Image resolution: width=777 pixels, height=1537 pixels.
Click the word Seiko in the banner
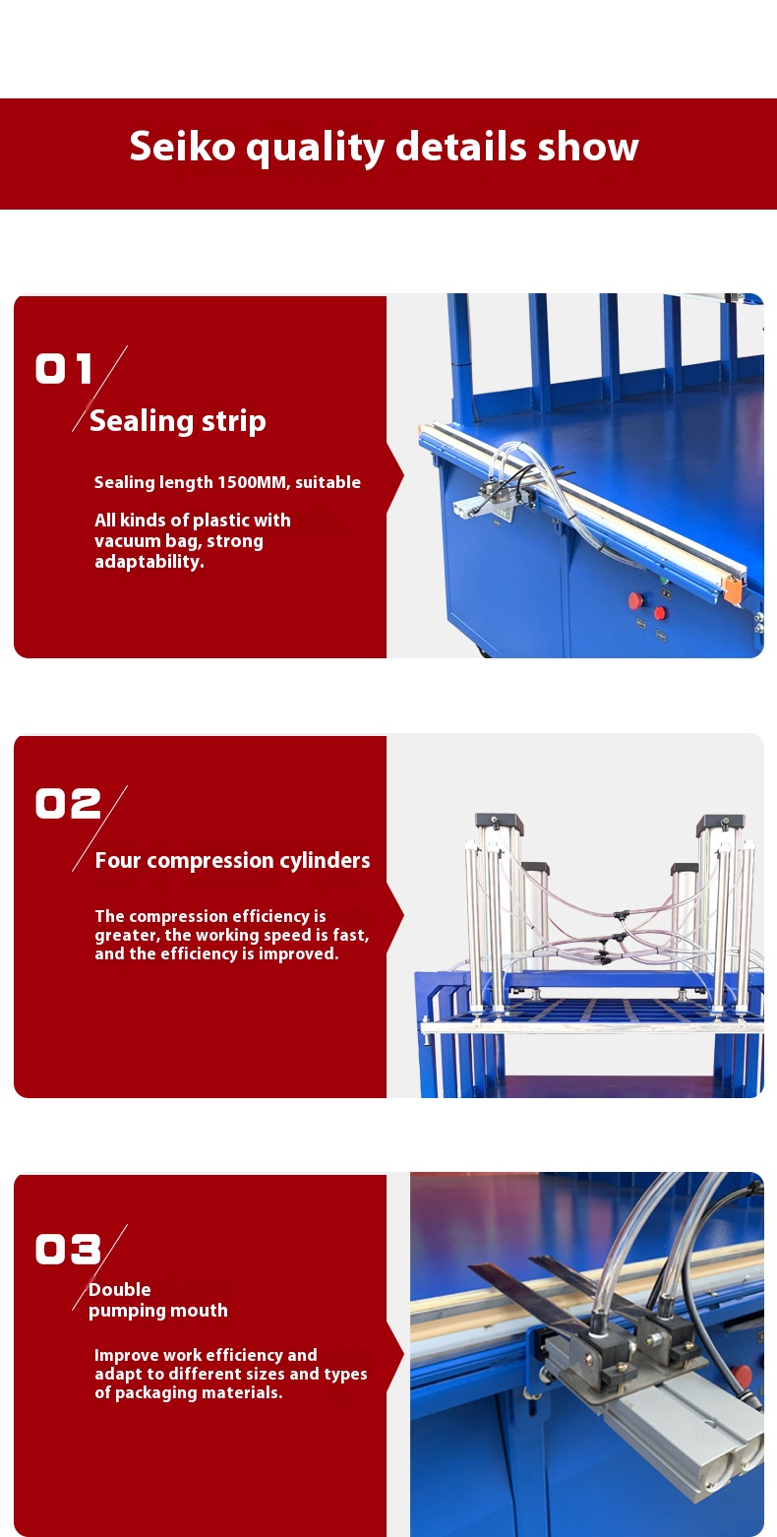coord(182,147)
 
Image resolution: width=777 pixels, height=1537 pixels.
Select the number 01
coord(64,368)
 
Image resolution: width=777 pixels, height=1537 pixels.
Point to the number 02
coord(68,803)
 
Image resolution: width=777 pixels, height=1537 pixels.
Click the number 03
coord(68,1249)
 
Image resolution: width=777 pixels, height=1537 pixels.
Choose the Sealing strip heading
coord(178,421)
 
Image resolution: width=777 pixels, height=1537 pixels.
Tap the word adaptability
coord(149,562)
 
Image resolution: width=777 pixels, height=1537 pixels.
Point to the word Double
coord(119,1289)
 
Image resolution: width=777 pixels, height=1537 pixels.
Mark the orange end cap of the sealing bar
coord(733,588)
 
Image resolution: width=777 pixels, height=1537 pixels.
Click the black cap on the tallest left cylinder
coord(499,822)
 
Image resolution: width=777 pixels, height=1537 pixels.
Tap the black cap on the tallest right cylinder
coord(721,822)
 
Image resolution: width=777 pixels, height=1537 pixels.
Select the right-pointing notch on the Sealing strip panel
coord(395,475)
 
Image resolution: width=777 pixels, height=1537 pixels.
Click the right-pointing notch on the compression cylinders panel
coord(395,915)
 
